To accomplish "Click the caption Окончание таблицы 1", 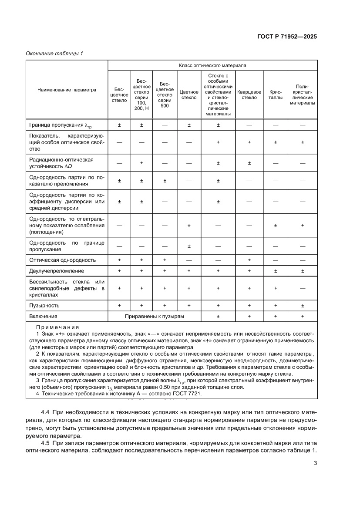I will [54, 54].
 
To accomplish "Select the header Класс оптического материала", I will [212, 65].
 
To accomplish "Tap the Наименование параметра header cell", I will [67, 90].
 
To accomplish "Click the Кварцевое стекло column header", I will [249, 94].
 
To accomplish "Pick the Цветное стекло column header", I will [189, 94].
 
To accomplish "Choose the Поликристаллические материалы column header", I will [302, 94].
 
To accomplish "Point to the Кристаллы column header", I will [276, 94].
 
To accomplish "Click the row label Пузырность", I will [44, 305].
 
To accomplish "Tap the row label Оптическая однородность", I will [62, 260].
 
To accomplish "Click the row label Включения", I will [43, 317].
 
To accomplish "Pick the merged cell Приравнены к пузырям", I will [155, 317].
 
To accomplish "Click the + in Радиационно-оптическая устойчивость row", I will [141, 163].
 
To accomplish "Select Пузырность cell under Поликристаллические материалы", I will [302, 305].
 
